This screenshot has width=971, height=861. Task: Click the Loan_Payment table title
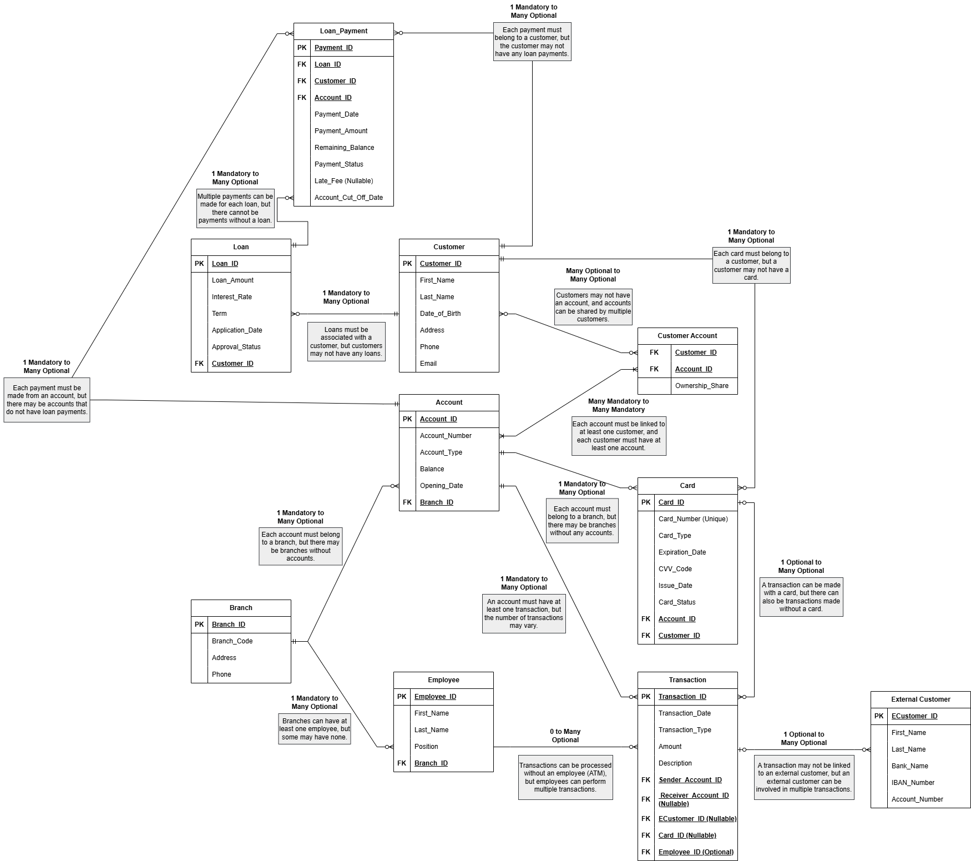(x=343, y=31)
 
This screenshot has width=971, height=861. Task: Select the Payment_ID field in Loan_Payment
(x=333, y=48)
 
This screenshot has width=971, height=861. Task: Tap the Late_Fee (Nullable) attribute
(x=343, y=181)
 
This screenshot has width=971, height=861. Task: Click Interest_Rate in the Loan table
(x=231, y=297)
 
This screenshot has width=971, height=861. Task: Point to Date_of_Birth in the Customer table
(x=440, y=314)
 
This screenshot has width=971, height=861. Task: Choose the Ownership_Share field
(x=701, y=386)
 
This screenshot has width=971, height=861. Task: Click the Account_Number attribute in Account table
(x=446, y=436)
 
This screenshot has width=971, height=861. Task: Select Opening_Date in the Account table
(x=441, y=486)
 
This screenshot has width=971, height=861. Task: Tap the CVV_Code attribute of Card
(x=675, y=569)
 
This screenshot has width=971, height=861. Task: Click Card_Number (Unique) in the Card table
(x=693, y=519)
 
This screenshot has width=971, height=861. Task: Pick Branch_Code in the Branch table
(x=232, y=641)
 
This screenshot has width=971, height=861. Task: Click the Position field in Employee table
(x=426, y=747)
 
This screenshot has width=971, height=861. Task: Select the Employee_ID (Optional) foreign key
(x=696, y=852)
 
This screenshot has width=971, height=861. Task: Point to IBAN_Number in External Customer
(x=913, y=783)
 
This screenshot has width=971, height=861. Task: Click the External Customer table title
(x=921, y=699)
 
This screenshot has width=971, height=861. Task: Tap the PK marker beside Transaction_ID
(x=646, y=697)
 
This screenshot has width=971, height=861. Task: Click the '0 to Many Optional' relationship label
(x=565, y=736)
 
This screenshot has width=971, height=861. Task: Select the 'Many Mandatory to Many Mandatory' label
(x=618, y=405)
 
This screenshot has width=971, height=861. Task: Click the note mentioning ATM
(x=565, y=777)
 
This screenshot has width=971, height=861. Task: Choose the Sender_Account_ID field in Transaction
(x=690, y=780)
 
